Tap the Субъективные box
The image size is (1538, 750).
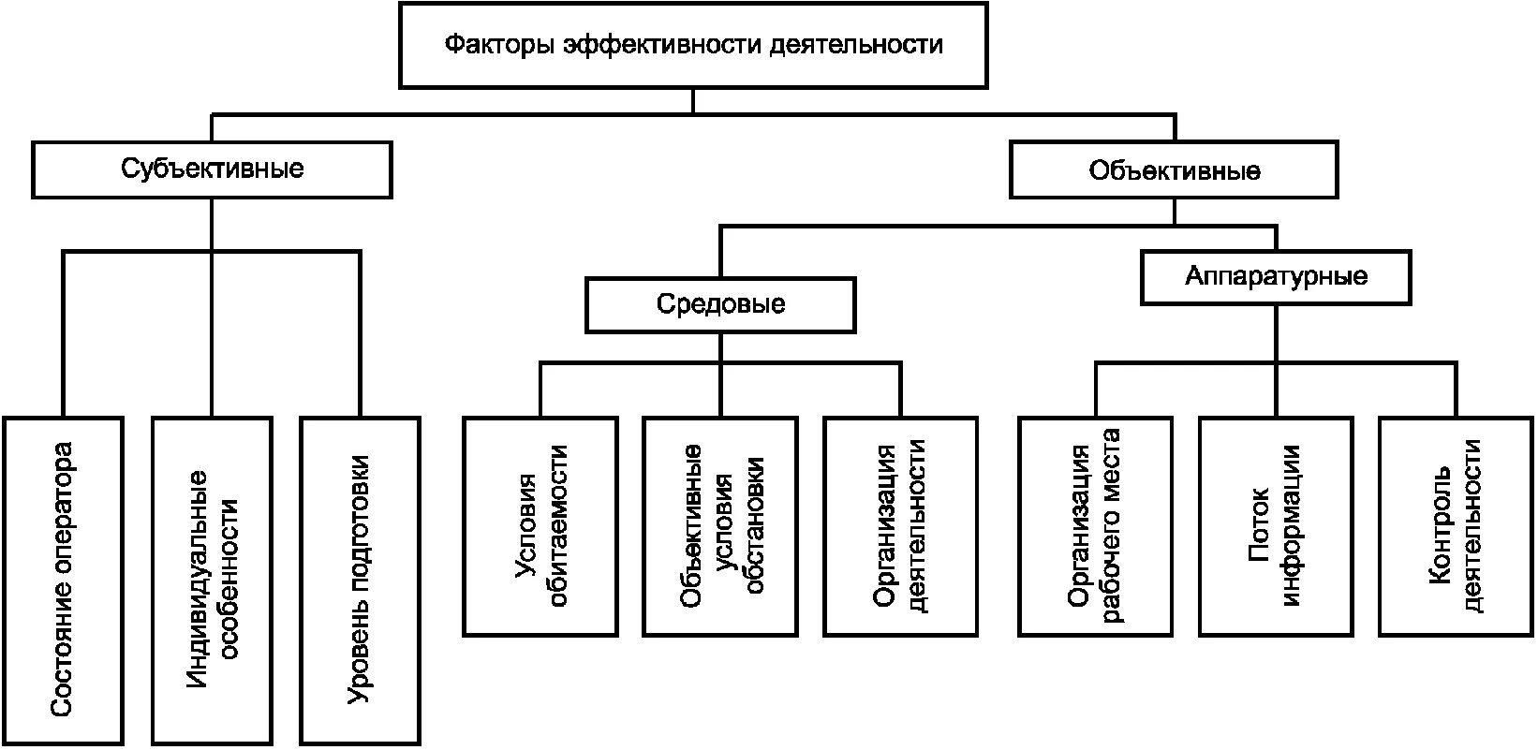[213, 169]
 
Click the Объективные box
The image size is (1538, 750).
[1174, 169]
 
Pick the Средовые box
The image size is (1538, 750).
[721, 304]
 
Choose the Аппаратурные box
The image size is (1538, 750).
[1277, 276]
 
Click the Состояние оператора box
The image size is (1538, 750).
[63, 581]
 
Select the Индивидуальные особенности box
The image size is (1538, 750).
[213, 581]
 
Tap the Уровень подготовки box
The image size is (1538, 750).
[361, 581]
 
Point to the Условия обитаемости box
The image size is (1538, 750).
[540, 526]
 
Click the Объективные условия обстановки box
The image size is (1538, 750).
[721, 526]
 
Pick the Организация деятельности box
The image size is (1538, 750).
[901, 526]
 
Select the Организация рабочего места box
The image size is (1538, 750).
[1095, 526]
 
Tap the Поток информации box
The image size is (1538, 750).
[1277, 526]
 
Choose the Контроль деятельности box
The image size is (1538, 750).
[1457, 526]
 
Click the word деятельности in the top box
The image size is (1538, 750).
[856, 45]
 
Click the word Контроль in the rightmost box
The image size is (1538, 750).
[1440, 526]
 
